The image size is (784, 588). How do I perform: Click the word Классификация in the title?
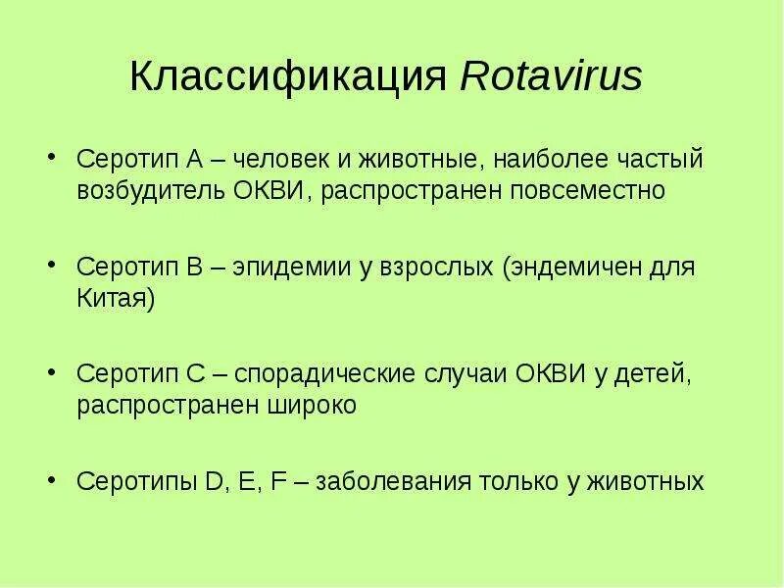point(290,77)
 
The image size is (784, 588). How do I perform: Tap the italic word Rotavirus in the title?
point(552,77)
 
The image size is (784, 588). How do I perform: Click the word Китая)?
point(116,298)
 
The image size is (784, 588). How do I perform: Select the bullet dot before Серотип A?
point(52,159)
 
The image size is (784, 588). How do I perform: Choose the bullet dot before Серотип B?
point(52,268)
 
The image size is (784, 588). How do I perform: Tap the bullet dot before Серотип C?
point(52,375)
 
